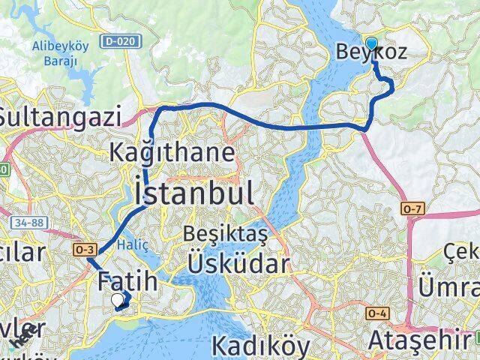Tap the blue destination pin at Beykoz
371,43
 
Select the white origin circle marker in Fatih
117,301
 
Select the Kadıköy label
260,346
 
